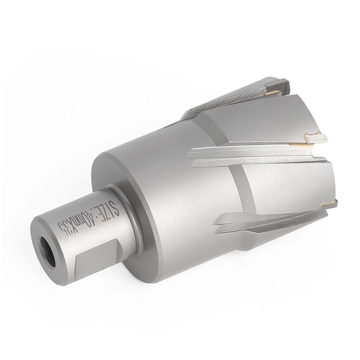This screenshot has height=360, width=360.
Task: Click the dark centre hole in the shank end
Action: pyautogui.click(x=48, y=252)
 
